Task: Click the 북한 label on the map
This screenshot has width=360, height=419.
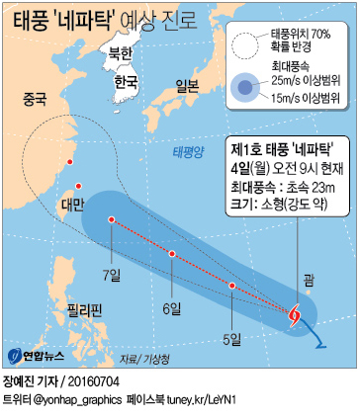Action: point(120,52)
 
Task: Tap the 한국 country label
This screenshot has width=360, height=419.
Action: point(126,81)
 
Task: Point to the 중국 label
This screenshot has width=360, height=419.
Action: point(35,99)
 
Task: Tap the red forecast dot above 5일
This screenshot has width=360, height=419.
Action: point(232,286)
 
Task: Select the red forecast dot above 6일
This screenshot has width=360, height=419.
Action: point(172,254)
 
